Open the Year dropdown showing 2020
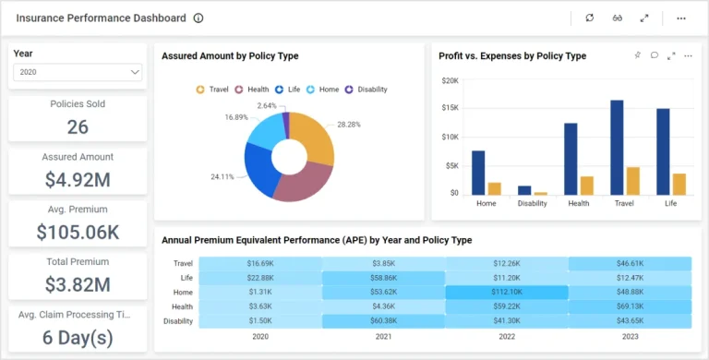click(x=78, y=72)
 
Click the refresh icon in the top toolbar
click(x=590, y=18)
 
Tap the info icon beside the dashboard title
click(x=198, y=18)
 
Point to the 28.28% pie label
click(x=350, y=125)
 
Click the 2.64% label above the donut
click(x=267, y=105)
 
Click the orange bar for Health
click(x=587, y=186)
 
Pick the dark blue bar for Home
click(x=478, y=173)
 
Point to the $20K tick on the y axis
click(x=450, y=80)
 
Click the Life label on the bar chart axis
click(x=671, y=204)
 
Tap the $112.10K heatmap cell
click(x=507, y=293)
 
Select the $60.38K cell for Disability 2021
click(x=383, y=321)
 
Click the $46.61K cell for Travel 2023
click(x=630, y=264)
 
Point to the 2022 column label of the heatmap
click(x=507, y=337)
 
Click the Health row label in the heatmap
click(x=182, y=307)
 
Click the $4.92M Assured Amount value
click(x=78, y=180)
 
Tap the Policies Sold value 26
click(x=78, y=127)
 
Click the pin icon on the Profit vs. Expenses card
click(x=637, y=55)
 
